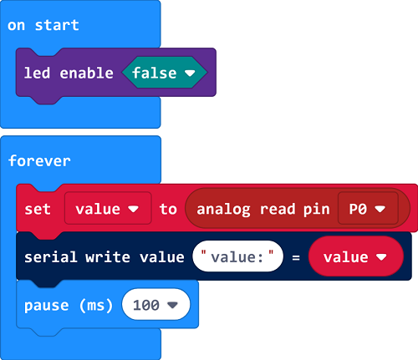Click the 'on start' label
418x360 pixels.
(43, 25)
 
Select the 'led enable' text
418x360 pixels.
(69, 73)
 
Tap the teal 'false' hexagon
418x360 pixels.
(165, 73)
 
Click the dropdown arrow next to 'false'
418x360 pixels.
(190, 73)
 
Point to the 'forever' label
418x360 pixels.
(39, 161)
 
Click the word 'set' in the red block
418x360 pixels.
(38, 209)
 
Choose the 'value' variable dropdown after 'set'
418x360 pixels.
(108, 208)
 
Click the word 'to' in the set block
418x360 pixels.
(168, 209)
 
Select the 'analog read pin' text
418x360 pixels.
(263, 210)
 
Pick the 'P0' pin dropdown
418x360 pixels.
(368, 208)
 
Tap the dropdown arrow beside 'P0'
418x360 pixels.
(380, 209)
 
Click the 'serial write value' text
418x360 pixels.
(104, 257)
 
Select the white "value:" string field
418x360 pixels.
(237, 256)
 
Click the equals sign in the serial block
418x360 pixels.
(296, 257)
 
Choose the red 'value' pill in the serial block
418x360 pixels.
(356, 256)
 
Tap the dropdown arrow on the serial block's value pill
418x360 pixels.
(381, 256)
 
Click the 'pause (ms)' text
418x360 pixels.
(69, 306)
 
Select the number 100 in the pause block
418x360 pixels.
(146, 305)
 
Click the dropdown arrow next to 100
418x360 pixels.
(172, 305)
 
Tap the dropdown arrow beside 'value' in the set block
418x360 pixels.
(134, 209)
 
